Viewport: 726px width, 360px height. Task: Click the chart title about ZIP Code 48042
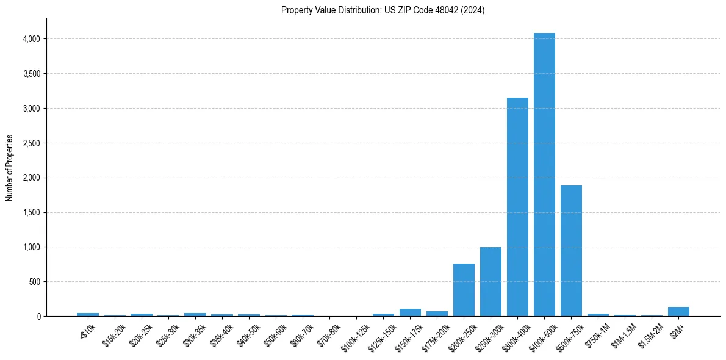point(383,10)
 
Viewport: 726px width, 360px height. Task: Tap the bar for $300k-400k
point(517,207)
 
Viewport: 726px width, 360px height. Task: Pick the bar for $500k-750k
point(571,251)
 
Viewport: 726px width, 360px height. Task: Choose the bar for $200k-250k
point(464,290)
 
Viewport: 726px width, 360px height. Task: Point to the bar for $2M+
point(678,312)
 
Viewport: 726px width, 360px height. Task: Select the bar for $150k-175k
point(410,312)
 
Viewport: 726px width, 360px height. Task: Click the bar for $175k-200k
point(437,314)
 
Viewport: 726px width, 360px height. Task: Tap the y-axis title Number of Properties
point(10,168)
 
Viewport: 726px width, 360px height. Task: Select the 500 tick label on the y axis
point(34,282)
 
